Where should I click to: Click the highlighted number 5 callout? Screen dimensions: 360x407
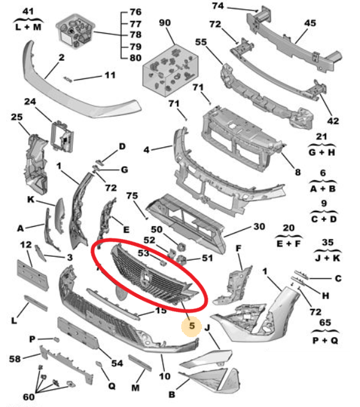(x=192, y=326)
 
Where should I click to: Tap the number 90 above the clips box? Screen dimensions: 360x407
(x=165, y=23)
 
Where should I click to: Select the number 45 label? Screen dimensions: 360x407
(x=310, y=23)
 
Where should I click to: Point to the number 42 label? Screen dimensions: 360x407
(x=333, y=121)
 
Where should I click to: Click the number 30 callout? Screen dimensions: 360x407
(x=259, y=227)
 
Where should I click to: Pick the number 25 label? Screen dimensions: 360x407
(x=17, y=117)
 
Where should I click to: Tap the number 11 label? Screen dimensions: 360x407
(x=110, y=75)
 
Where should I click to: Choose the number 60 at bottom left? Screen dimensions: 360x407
(x=29, y=397)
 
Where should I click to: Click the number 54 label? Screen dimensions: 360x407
(x=117, y=363)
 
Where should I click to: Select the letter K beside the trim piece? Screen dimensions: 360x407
(x=31, y=200)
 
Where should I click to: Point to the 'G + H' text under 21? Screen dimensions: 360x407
(x=322, y=153)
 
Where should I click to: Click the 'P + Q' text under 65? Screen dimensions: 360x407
(x=325, y=340)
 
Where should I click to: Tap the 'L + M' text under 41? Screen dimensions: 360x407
(x=28, y=27)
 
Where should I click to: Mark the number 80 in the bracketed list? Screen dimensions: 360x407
(x=135, y=58)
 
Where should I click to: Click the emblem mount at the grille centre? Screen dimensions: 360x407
(x=145, y=276)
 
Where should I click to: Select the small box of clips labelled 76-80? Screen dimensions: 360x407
(x=75, y=31)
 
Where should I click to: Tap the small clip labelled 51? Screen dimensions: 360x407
(x=182, y=260)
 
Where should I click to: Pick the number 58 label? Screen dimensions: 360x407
(x=15, y=359)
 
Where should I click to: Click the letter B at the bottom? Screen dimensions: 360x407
(x=172, y=395)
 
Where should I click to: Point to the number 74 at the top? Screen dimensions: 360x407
(x=218, y=6)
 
